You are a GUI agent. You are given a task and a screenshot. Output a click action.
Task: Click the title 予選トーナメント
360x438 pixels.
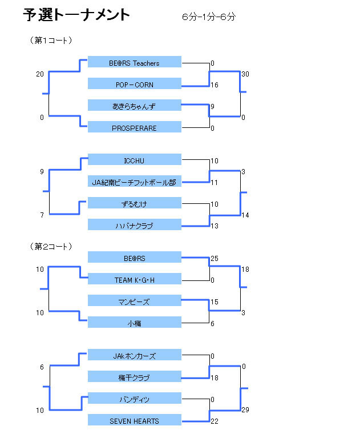click(x=76, y=15)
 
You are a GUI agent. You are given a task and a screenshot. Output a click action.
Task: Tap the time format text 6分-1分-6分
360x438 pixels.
click(x=209, y=17)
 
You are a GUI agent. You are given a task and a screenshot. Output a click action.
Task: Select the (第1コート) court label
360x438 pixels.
click(x=51, y=41)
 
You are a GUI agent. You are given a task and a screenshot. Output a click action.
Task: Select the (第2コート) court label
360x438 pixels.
click(x=51, y=247)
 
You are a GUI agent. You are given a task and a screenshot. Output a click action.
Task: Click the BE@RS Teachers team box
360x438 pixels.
click(x=135, y=62)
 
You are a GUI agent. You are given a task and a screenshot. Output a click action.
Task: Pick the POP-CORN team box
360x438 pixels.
click(x=135, y=84)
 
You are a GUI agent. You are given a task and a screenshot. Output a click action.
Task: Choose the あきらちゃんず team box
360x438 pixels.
click(x=135, y=106)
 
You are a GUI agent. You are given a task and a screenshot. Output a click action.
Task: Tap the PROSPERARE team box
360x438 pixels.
click(x=135, y=127)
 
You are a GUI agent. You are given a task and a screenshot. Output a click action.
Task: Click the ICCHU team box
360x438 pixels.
click(x=135, y=160)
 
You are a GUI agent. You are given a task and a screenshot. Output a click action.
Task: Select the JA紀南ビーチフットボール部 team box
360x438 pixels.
click(x=135, y=182)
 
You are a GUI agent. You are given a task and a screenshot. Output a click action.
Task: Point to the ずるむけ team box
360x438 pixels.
click(x=135, y=204)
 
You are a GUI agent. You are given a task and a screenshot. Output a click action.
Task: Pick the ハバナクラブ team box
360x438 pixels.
click(x=135, y=226)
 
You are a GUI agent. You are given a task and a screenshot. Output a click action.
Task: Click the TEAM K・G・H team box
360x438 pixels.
click(x=135, y=279)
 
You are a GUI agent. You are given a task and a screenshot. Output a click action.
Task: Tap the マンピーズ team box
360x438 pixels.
click(x=135, y=301)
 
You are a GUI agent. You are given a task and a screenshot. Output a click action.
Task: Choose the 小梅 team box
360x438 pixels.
click(x=135, y=323)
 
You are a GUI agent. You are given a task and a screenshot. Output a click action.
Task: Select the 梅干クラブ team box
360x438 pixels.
click(x=135, y=377)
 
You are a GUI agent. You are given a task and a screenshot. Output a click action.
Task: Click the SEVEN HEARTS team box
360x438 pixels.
click(x=135, y=421)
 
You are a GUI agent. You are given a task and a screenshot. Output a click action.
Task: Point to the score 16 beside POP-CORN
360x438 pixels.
click(x=215, y=85)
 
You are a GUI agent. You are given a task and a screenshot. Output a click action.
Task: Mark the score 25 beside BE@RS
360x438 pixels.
click(x=215, y=259)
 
